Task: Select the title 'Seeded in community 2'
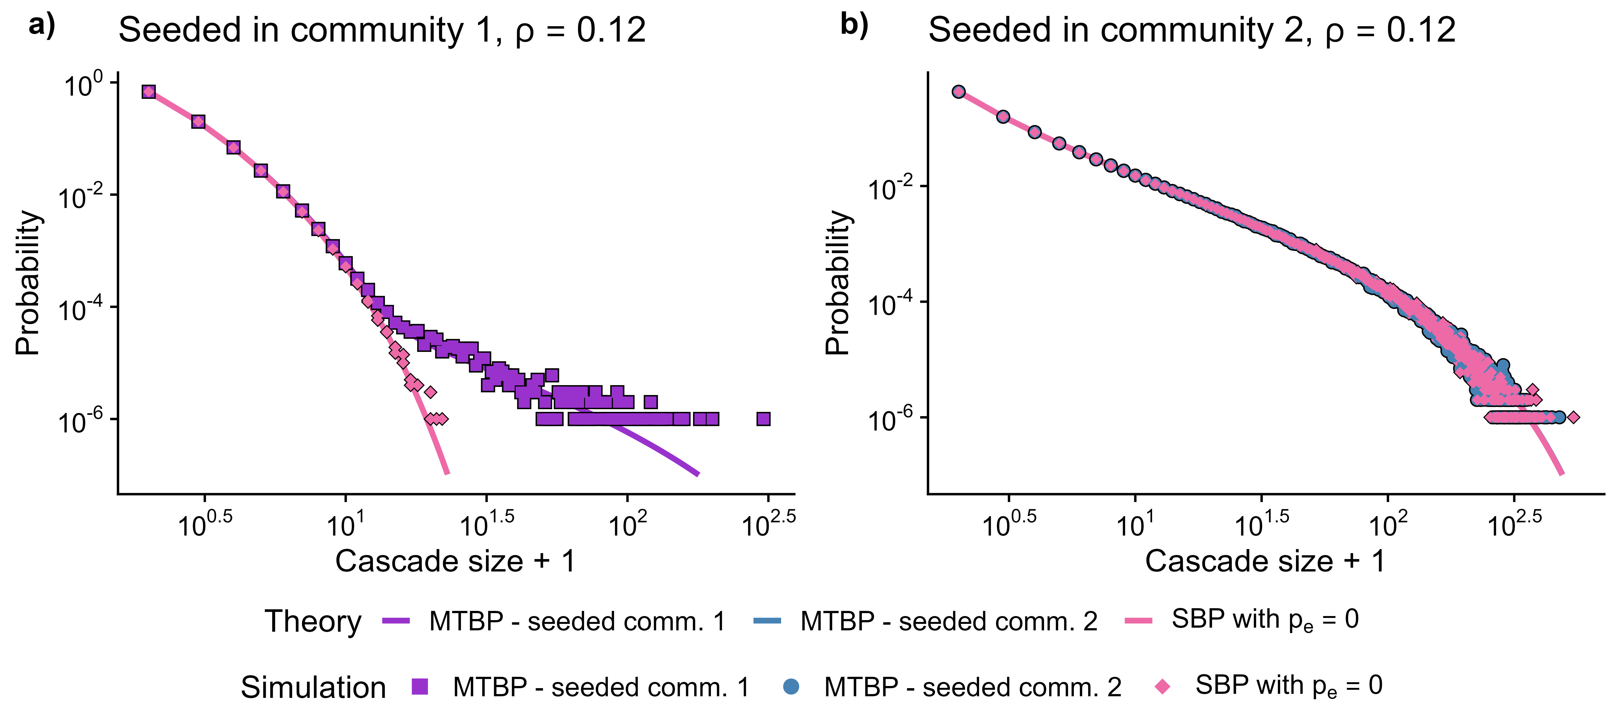[1192, 30]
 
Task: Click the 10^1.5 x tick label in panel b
[1261, 524]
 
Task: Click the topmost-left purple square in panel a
[148, 92]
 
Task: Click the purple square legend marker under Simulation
[420, 687]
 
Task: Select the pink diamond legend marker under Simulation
[1163, 687]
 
